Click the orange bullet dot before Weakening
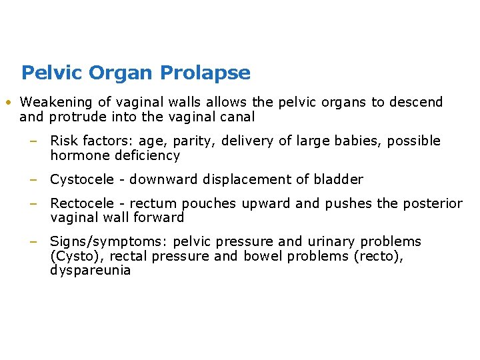[x=6, y=103]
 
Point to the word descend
[x=416, y=102]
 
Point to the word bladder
[x=341, y=179]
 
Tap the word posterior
[x=433, y=203]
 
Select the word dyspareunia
[x=91, y=271]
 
